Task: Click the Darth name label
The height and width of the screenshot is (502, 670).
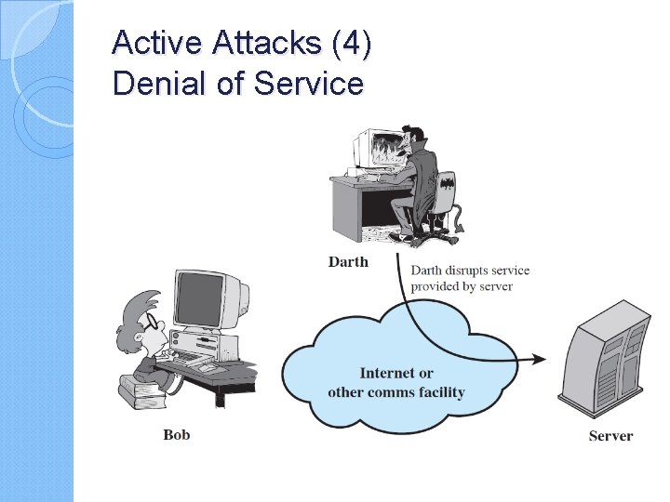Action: coord(348,262)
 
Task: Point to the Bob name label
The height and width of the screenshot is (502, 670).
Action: coord(177,434)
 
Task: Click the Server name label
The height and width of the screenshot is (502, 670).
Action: coord(610,435)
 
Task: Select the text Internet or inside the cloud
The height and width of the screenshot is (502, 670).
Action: coord(396,373)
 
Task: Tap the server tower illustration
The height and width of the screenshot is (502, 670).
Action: coord(609,362)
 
